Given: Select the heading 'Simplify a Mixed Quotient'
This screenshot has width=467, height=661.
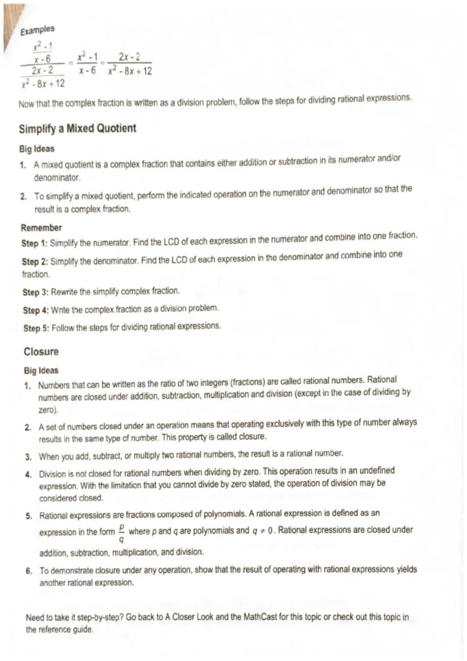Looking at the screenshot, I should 77,128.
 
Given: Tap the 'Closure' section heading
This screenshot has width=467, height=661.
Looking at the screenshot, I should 41,351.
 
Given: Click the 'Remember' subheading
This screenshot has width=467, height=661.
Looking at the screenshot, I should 41,227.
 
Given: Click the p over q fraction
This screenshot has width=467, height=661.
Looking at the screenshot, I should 122,534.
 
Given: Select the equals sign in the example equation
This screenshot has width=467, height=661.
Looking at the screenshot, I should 71,63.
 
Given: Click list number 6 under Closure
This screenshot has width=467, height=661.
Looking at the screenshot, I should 29,570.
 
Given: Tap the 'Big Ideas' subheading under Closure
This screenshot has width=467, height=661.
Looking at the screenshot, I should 41,370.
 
